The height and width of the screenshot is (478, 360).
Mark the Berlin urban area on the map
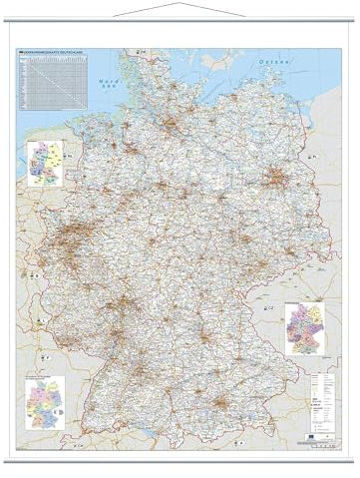[273, 180]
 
